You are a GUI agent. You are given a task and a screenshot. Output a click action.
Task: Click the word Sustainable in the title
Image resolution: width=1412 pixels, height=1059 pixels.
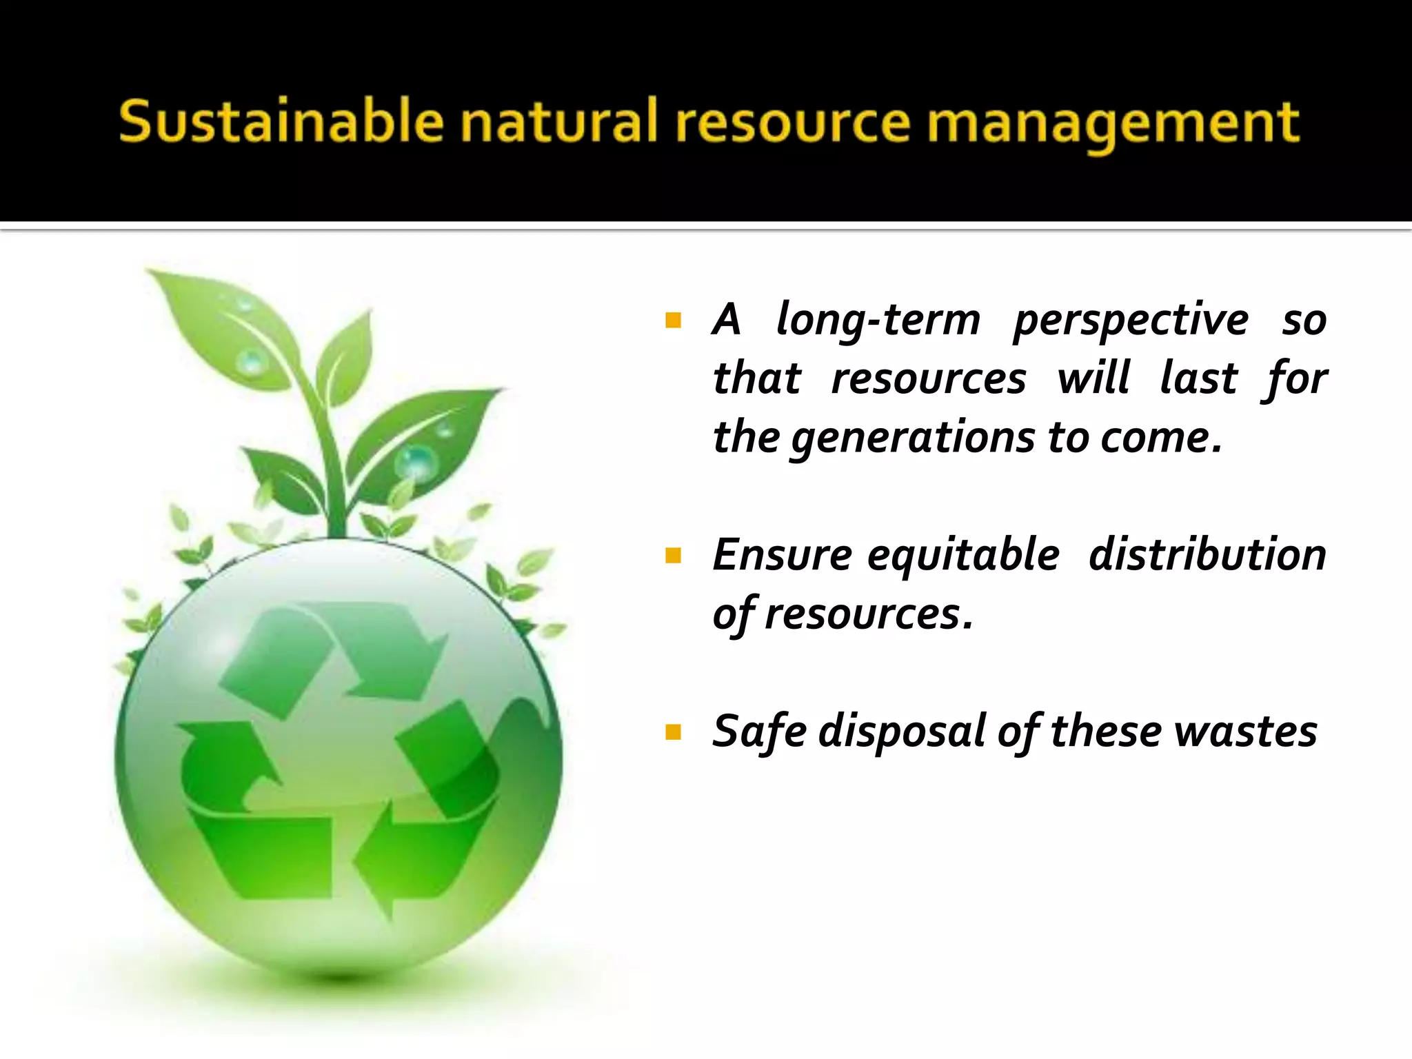click(280, 121)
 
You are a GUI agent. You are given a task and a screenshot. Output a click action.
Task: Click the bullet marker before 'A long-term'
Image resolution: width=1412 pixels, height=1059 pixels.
click(674, 321)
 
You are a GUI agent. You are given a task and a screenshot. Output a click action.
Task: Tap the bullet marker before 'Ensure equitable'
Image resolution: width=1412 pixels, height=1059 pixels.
click(674, 556)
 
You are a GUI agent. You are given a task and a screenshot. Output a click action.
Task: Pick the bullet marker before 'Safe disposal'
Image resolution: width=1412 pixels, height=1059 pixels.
click(674, 732)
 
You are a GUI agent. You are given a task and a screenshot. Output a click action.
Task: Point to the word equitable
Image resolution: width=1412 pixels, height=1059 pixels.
click(963, 556)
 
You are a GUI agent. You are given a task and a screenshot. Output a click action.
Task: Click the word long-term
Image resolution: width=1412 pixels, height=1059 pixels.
click(878, 321)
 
